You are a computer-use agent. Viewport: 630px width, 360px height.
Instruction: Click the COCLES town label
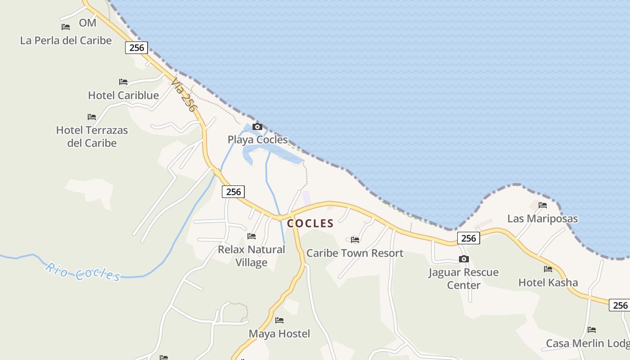coord(310,223)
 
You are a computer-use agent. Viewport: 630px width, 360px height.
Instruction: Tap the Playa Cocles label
coord(257,139)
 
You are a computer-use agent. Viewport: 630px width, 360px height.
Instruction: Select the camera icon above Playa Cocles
coord(257,126)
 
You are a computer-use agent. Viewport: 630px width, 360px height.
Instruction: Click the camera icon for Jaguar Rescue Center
coord(463,259)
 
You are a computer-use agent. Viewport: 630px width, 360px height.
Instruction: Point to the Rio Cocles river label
coord(83,272)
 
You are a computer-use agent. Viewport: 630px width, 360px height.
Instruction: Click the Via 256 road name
coord(184,96)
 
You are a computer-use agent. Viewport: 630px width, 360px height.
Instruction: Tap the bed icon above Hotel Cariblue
coord(123,82)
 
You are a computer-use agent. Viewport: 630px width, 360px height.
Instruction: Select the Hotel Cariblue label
coord(123,95)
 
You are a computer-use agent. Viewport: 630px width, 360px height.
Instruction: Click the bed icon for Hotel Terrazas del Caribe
coord(92,117)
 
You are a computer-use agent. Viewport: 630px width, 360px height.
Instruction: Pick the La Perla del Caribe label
coord(66,40)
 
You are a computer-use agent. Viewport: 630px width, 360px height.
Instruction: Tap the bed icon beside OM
coord(66,27)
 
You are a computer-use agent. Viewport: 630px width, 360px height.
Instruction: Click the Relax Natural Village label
coord(252,256)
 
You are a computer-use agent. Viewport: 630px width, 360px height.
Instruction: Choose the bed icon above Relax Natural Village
coord(252,236)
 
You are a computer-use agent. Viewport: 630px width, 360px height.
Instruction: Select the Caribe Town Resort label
coord(355,253)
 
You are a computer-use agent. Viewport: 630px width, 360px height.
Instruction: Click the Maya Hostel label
coord(279,334)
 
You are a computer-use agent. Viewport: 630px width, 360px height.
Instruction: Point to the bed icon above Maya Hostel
coord(279,320)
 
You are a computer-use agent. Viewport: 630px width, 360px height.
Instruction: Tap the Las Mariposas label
coord(543,219)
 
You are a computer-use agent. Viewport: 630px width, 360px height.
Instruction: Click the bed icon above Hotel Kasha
coord(548,269)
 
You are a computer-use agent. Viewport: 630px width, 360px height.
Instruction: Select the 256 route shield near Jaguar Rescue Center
coord(468,238)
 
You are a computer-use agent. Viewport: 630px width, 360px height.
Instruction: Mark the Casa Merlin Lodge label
coord(588,343)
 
